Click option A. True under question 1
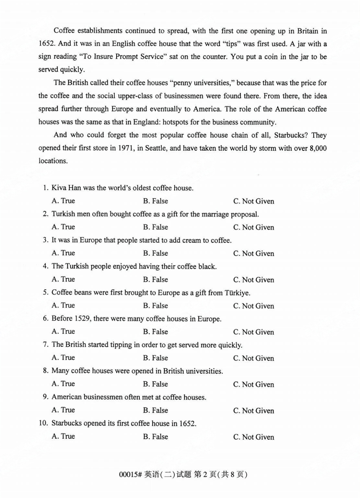[63, 201]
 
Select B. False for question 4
[155, 279]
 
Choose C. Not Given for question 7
[253, 358]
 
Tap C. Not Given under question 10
[253, 437]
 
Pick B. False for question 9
[155, 410]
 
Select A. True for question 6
[63, 331]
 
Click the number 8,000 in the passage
[318, 148]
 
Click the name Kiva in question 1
[59, 188]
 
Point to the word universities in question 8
[204, 371]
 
